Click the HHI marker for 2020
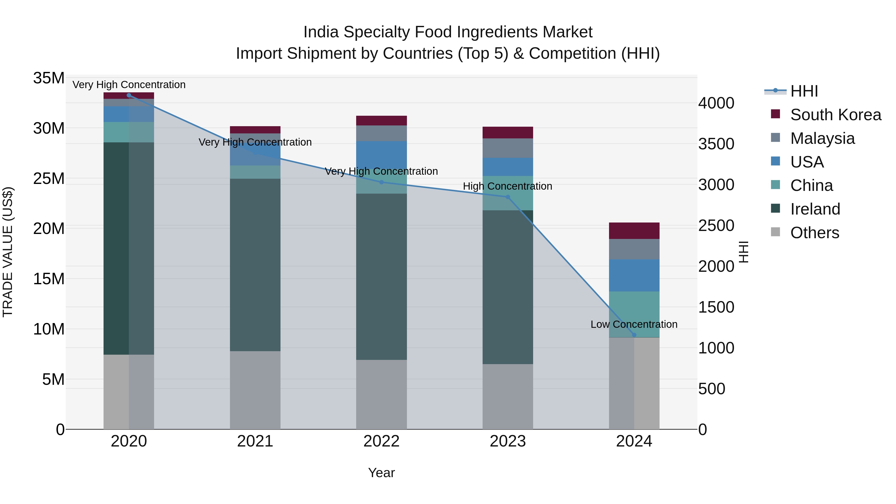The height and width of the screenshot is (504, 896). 129,95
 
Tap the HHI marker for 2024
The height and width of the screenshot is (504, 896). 634,335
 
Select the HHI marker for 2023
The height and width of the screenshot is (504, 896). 507,197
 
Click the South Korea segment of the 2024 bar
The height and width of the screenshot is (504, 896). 634,231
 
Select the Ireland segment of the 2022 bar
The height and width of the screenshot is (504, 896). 381,277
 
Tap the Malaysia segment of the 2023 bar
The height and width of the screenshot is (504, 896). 507,148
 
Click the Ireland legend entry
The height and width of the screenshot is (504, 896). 815,209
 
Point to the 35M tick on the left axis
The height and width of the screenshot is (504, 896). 49,78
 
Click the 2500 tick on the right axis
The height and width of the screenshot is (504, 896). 716,225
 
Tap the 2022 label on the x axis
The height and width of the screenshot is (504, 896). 381,441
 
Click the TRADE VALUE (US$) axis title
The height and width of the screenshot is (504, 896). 8,252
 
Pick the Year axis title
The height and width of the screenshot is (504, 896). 381,473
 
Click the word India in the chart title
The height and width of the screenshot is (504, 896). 321,32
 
